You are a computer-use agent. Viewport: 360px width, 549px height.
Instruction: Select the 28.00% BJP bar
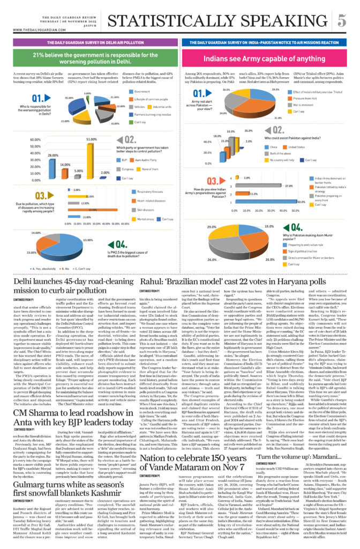[x=52, y=164]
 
